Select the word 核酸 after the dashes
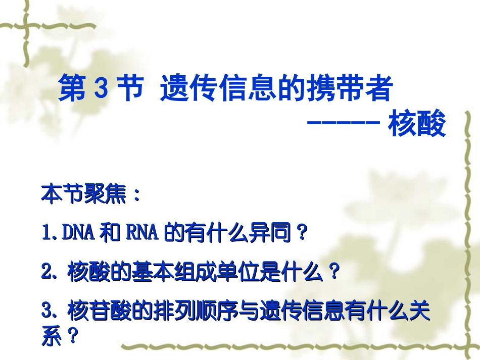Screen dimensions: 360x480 pos(417,125)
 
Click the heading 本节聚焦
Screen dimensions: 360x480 pos(83,194)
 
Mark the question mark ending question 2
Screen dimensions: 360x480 pos(332,273)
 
